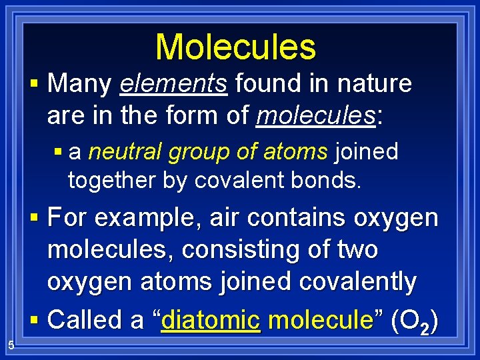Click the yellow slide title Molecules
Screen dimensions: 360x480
click(235, 47)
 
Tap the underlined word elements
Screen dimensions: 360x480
click(174, 85)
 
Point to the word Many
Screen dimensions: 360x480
click(80, 85)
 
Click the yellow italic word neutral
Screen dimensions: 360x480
click(125, 152)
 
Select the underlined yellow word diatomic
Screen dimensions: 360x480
click(210, 320)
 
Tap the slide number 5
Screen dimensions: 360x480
click(11, 345)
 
